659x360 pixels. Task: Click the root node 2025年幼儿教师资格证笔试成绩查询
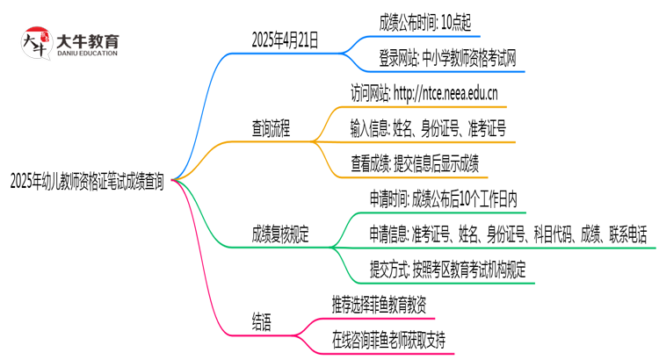tap(86, 182)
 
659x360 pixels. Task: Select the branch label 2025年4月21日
tap(285, 40)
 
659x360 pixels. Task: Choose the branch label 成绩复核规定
tap(283, 234)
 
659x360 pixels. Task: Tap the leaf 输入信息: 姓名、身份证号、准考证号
tap(427, 129)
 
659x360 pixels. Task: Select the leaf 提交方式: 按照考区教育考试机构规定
tap(449, 269)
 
